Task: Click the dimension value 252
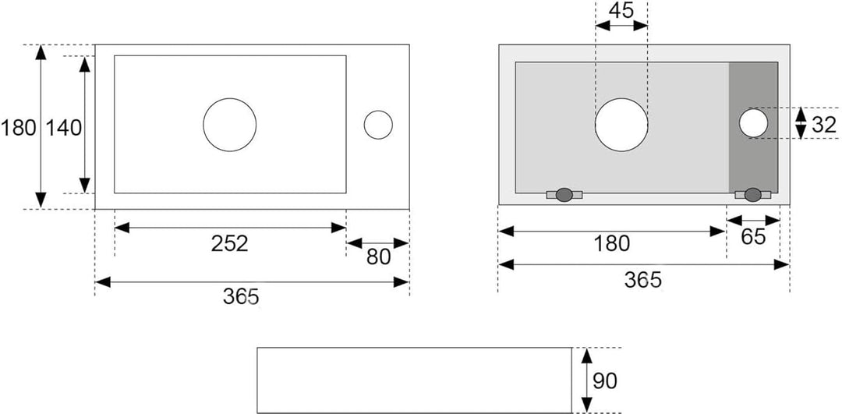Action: coord(230,244)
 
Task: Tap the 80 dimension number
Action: coord(379,258)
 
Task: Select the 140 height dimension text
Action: coord(63,128)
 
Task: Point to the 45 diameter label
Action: coord(621,11)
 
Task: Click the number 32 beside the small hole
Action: coord(824,125)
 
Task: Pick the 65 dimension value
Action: coord(753,237)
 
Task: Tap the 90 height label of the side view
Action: coord(605,380)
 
